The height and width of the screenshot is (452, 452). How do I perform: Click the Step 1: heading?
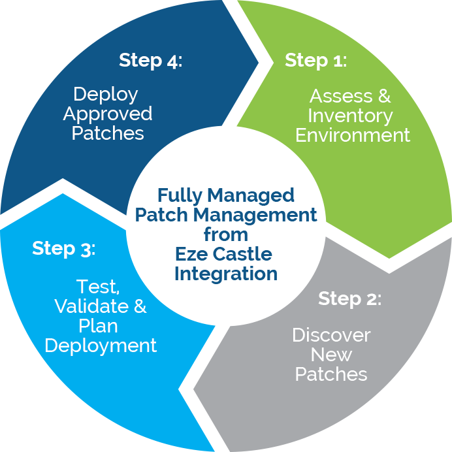[x=315, y=61]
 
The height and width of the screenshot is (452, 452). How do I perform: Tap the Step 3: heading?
[x=63, y=249]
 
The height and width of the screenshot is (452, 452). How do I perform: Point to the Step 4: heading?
[x=150, y=61]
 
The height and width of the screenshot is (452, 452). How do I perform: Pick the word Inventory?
[x=350, y=116]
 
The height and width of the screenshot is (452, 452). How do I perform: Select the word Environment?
[x=353, y=135]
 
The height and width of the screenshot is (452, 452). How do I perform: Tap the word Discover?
[x=331, y=335]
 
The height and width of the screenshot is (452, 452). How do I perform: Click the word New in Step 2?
[x=331, y=355]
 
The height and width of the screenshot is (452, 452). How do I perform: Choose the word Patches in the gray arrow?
[x=331, y=374]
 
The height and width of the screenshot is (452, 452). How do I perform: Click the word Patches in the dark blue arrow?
[x=108, y=133]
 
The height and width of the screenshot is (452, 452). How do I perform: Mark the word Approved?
[x=108, y=114]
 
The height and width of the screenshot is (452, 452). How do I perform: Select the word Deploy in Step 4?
[x=106, y=94]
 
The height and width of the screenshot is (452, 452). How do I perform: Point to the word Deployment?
[x=101, y=345]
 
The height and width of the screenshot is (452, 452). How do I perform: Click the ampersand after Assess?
[x=382, y=96]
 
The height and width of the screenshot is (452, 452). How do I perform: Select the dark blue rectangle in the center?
[x=224, y=235]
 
